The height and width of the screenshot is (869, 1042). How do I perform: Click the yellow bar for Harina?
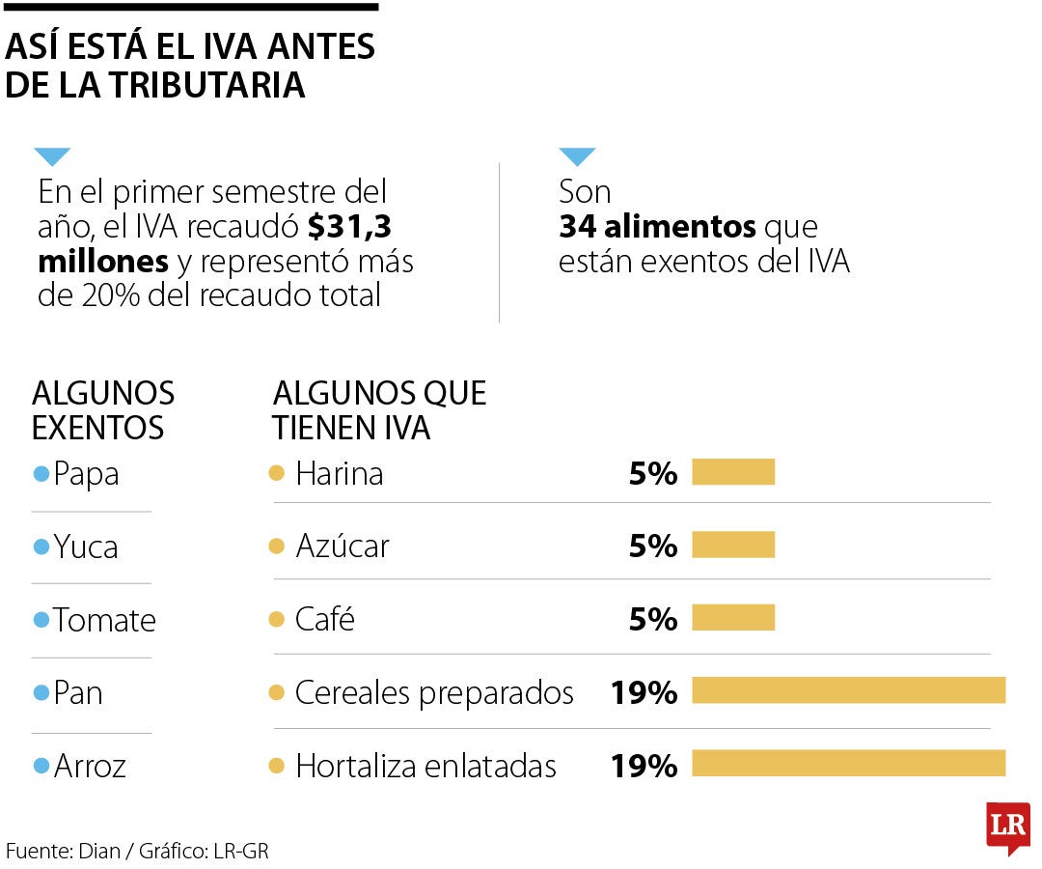[x=733, y=472]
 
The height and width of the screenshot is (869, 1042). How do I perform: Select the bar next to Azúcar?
[x=733, y=546]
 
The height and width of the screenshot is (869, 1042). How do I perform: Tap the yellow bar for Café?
[x=733, y=618]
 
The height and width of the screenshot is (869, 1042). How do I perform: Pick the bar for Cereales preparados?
[x=848, y=691]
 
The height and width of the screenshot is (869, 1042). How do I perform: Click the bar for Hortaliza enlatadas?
[x=848, y=764]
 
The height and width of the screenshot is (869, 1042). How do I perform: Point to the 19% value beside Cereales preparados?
[x=644, y=692]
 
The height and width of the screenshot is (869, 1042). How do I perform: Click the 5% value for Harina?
[x=653, y=473]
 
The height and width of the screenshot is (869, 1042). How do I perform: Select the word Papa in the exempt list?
[x=86, y=474]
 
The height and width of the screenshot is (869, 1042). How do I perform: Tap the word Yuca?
[x=86, y=547]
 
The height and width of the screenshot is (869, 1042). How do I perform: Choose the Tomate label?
[x=104, y=620]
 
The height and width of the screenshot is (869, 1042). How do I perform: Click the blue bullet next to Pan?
[x=41, y=693]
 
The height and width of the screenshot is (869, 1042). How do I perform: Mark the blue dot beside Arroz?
[x=41, y=767]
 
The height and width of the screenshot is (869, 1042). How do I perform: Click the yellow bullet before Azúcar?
[x=277, y=547]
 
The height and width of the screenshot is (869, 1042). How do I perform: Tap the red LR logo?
[x=1007, y=827]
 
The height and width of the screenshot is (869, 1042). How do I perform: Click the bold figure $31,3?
[x=349, y=227]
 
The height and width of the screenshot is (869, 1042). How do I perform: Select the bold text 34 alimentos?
[x=657, y=227]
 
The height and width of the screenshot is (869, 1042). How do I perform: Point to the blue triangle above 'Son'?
[x=577, y=156]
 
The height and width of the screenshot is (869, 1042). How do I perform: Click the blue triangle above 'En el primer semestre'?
[x=52, y=156]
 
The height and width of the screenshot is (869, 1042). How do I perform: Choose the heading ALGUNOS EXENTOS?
[x=103, y=409]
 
